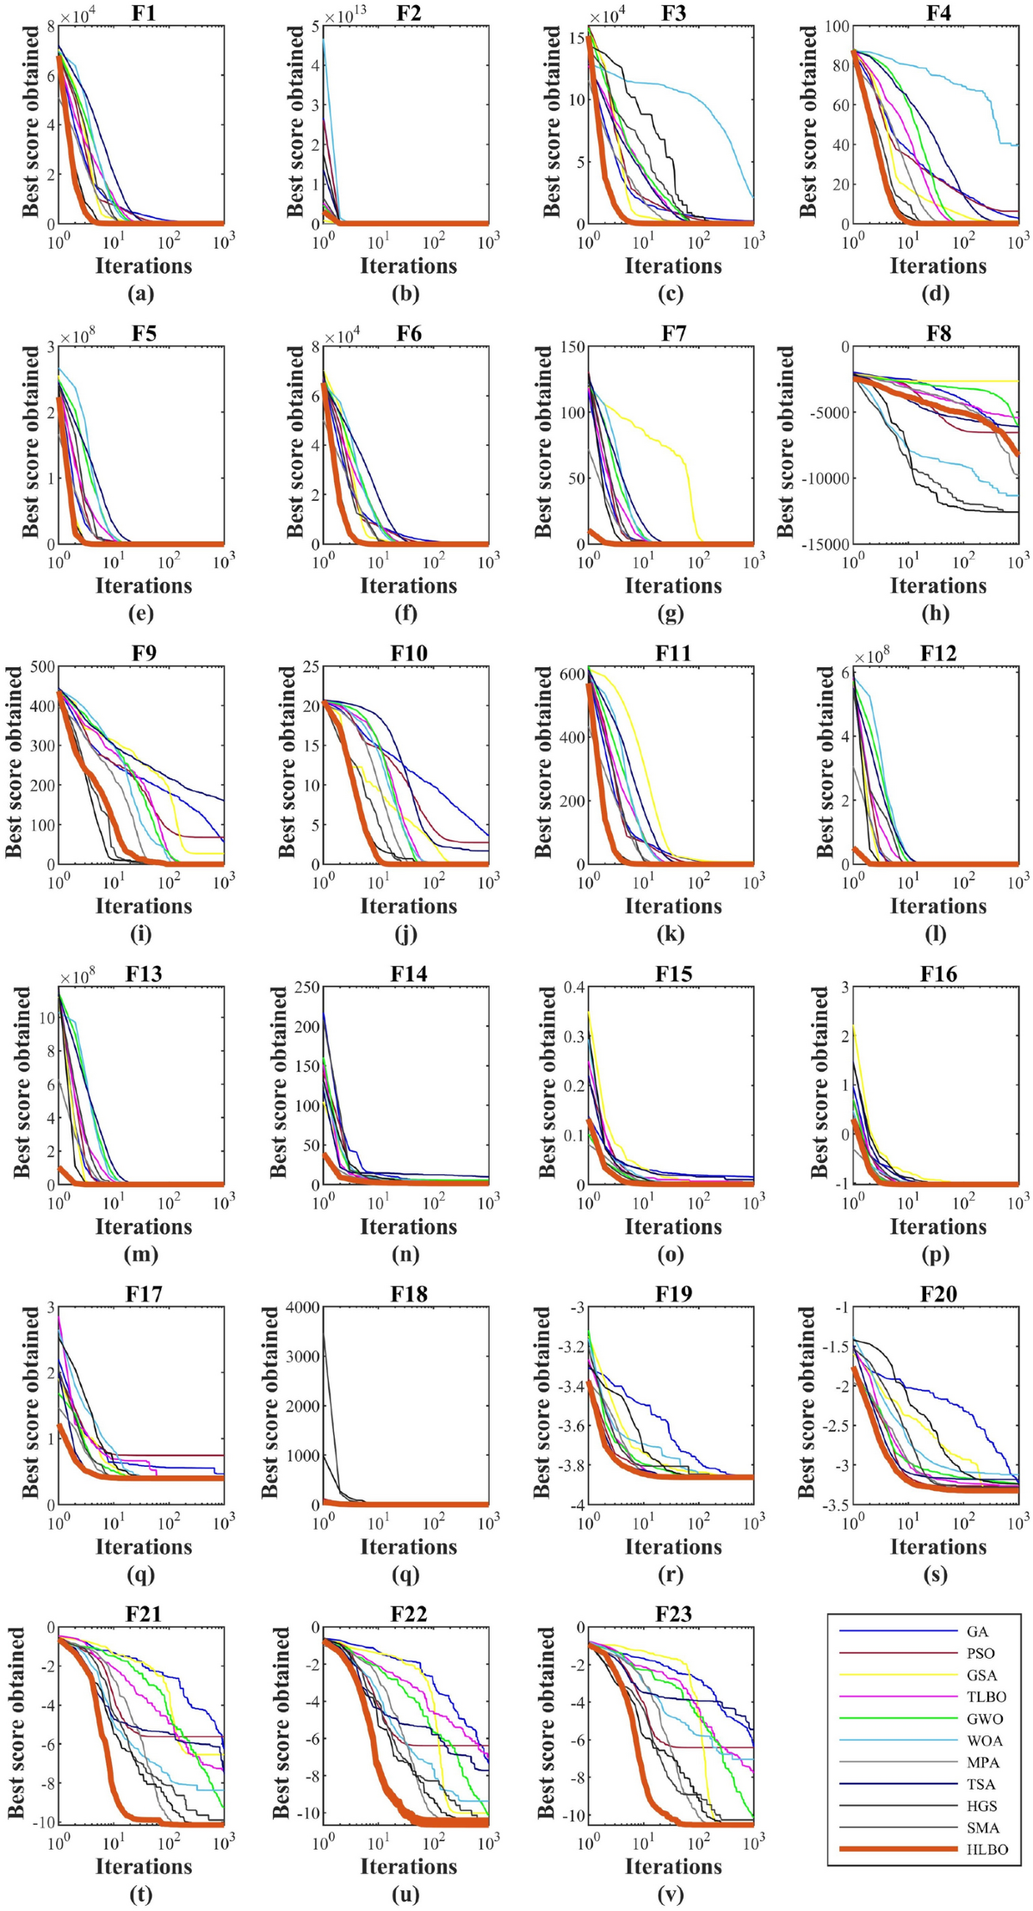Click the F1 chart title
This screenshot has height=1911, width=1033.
(x=144, y=13)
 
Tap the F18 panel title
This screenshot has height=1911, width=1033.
(x=409, y=1294)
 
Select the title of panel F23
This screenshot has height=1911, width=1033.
(x=673, y=1613)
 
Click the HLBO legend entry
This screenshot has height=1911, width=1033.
(x=987, y=1849)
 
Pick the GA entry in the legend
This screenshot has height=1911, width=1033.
(x=977, y=1631)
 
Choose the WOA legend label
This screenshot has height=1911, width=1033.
(x=984, y=1741)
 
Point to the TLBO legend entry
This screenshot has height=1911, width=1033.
(x=985, y=1697)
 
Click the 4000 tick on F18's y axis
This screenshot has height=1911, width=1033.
(x=303, y=1307)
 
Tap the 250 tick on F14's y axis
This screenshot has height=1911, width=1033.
(x=306, y=986)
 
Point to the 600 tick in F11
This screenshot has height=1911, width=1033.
(x=572, y=674)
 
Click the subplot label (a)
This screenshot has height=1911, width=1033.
(x=140, y=294)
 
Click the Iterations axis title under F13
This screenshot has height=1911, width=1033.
(x=144, y=1226)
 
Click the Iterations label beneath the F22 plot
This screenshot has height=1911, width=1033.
(x=409, y=1865)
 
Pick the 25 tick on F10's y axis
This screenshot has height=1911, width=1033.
(x=310, y=666)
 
